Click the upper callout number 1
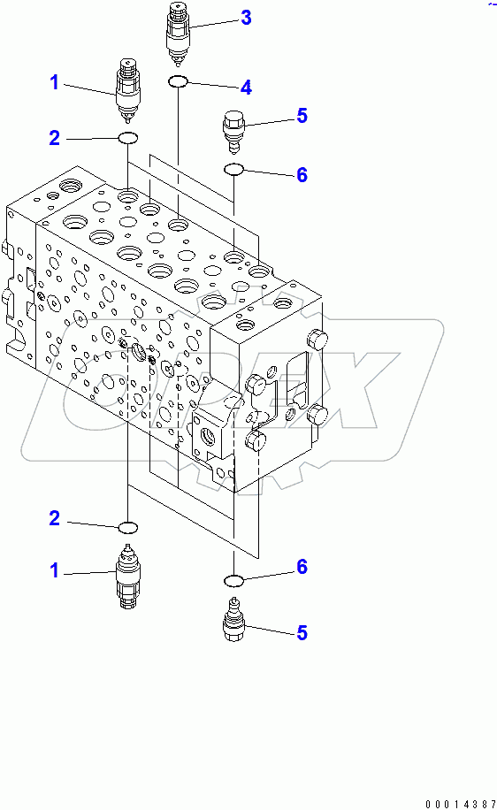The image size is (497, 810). coord(54,83)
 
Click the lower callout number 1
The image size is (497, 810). coord(54,571)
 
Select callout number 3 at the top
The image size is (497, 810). coord(246,17)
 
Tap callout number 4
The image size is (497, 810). coord(246,87)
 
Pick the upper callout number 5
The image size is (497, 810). coord(302,115)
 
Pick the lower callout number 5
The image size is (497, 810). coord(302,632)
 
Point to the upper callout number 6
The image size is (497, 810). coord(302,175)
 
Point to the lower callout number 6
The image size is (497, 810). coord(302,567)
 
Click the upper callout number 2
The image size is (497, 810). coord(54,137)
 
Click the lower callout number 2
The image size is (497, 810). coord(54,518)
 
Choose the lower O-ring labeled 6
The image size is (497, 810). coord(234,580)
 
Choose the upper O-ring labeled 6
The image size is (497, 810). coord(233,169)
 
